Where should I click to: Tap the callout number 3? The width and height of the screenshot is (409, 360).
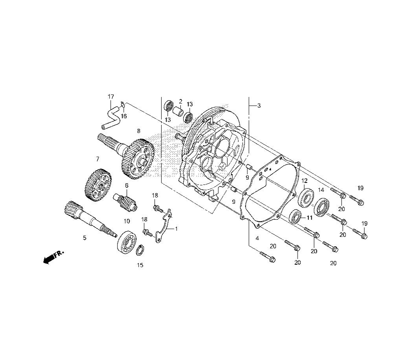pos(259,106)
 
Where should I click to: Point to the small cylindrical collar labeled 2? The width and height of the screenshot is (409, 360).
pos(179,112)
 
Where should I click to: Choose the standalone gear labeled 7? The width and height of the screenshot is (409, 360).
pos(98,185)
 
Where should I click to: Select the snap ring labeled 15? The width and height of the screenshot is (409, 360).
pos(140,251)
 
